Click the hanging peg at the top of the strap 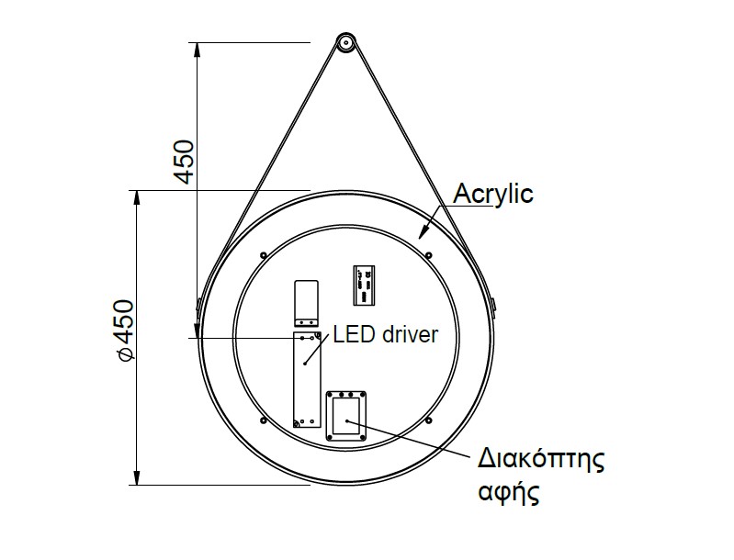tap(345, 42)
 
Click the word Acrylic tap(494, 194)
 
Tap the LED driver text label tap(386, 334)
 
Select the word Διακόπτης tap(542, 458)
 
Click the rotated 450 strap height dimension tap(184, 162)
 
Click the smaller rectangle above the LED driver tap(306, 303)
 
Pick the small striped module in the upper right tap(365, 286)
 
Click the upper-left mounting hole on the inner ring tap(263, 254)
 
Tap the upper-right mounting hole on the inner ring tap(429, 254)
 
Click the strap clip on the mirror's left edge tap(198, 304)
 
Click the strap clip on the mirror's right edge tap(493, 303)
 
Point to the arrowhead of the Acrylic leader tap(423, 234)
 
